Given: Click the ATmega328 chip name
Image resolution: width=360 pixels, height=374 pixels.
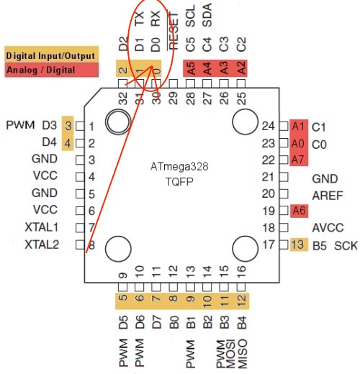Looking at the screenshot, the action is (x=179, y=166).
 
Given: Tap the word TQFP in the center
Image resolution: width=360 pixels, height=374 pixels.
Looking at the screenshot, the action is (x=179, y=181).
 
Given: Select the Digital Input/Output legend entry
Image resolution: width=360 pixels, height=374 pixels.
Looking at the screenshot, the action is (x=51, y=55).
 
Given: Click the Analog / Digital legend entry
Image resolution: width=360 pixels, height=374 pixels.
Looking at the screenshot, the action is (x=51, y=70).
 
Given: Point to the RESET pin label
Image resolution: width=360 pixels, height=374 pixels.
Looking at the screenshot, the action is (x=174, y=31).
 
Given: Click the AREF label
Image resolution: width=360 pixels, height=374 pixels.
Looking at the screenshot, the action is (x=328, y=196).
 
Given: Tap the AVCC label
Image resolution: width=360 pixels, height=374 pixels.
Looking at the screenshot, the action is (x=328, y=227).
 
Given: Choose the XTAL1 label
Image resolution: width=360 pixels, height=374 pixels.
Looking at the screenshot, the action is (x=42, y=227).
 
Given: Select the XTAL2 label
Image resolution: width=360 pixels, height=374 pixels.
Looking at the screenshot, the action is (x=42, y=245).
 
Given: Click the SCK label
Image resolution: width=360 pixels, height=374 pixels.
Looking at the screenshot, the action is (x=346, y=246).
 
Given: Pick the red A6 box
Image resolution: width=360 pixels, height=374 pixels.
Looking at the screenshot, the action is (x=299, y=211).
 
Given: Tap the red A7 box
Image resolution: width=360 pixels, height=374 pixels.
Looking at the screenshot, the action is (x=298, y=160).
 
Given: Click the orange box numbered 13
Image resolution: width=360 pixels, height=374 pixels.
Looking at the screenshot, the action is (x=299, y=245).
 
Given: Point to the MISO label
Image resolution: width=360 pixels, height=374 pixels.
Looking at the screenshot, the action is (x=242, y=354).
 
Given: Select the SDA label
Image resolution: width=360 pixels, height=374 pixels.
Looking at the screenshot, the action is (x=207, y=15).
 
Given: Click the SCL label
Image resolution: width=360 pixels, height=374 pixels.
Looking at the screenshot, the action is (x=190, y=16).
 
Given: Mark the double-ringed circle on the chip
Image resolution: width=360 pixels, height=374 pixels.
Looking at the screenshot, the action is (x=118, y=122).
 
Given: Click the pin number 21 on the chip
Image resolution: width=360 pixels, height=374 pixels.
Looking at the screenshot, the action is (x=268, y=177).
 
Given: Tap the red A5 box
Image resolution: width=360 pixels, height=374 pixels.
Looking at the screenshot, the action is (x=191, y=68).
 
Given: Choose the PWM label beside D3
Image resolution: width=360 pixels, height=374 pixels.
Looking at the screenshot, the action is (x=20, y=125).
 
